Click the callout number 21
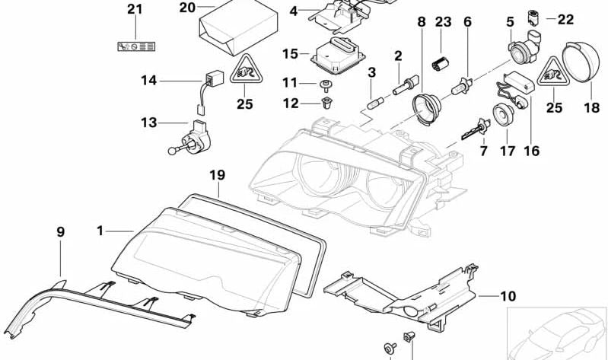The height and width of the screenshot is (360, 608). [135, 9]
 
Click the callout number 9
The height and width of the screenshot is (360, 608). [60, 230]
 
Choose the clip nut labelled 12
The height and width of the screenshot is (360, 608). [328, 102]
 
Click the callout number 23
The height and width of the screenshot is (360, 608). [443, 22]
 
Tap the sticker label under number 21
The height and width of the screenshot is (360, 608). [135, 46]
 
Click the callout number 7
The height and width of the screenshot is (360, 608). [482, 153]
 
